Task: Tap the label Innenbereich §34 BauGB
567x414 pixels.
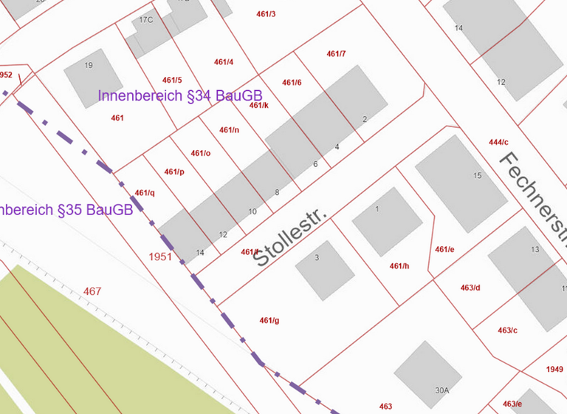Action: (x=180, y=96)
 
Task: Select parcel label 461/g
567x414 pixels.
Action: (x=269, y=320)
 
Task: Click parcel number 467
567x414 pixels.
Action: (x=92, y=291)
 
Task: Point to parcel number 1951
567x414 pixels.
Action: (x=159, y=257)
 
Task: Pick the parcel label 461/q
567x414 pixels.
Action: (x=145, y=193)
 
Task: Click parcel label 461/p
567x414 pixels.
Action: (x=174, y=172)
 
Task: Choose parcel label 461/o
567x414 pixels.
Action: (x=201, y=153)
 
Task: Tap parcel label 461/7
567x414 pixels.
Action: (x=336, y=54)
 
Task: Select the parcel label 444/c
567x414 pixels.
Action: (x=498, y=142)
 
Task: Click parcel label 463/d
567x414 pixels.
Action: (x=470, y=288)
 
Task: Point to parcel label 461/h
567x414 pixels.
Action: (x=399, y=266)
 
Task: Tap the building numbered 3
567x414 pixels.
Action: (x=325, y=270)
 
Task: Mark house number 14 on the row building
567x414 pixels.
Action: (x=199, y=253)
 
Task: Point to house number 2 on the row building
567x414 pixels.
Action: (x=364, y=119)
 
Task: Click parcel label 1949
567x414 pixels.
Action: (x=554, y=369)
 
